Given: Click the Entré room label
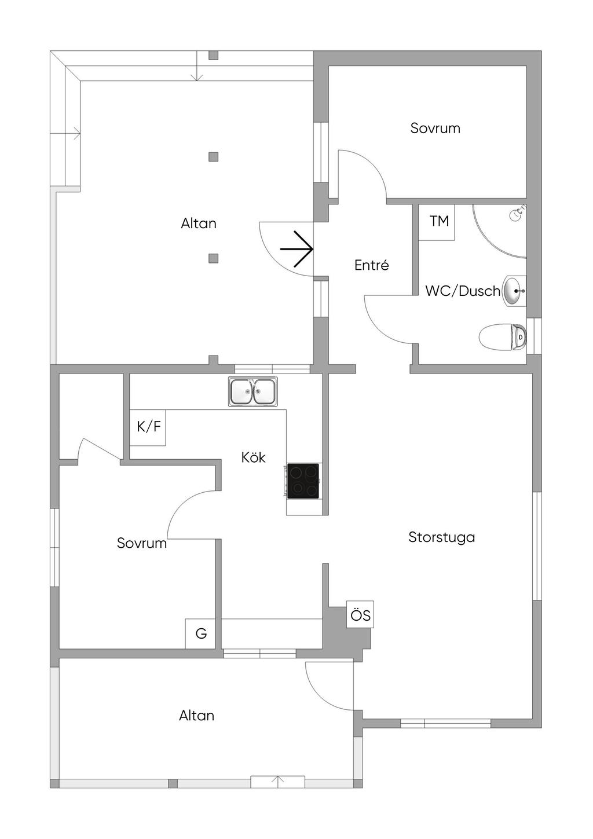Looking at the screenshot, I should [371, 265].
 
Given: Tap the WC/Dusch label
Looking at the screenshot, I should [462, 291].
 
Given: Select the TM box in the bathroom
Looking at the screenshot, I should [438, 222].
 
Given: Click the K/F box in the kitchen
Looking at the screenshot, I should [148, 427].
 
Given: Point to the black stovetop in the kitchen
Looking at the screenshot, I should [303, 481].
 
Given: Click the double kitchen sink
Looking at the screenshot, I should [252, 391].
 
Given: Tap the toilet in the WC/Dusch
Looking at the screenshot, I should [503, 336].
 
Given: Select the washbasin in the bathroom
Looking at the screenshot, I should [514, 291].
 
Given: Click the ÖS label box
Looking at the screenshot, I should [360, 614].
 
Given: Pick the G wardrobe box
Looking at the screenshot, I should [200, 633].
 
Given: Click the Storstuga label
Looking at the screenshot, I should [441, 537].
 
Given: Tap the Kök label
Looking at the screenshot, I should [253, 457].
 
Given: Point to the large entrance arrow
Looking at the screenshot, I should [297, 249].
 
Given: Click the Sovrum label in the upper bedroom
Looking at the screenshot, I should [435, 128].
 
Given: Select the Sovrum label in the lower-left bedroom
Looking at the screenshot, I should [141, 543].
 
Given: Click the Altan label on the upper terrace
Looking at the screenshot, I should [199, 224].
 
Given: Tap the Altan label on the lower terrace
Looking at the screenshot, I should [196, 716].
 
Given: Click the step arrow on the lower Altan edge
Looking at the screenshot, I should [278, 782].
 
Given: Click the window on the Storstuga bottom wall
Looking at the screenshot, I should [445, 723].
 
